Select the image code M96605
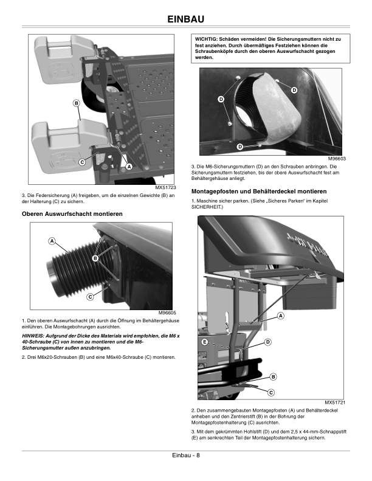pyautogui.click(x=167, y=313)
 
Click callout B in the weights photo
pyautogui.click(x=77, y=104)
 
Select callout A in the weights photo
pyautogui.click(x=129, y=167)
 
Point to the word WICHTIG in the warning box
pyautogui.click(x=208, y=39)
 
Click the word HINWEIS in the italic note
pyautogui.click(x=34, y=335)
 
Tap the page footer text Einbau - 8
pyautogui.click(x=185, y=455)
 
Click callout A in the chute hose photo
pyautogui.click(x=52, y=241)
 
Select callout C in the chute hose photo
pyautogui.click(x=89, y=297)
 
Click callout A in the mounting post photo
pyautogui.click(x=280, y=316)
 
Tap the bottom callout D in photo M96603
pyautogui.click(x=239, y=147)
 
